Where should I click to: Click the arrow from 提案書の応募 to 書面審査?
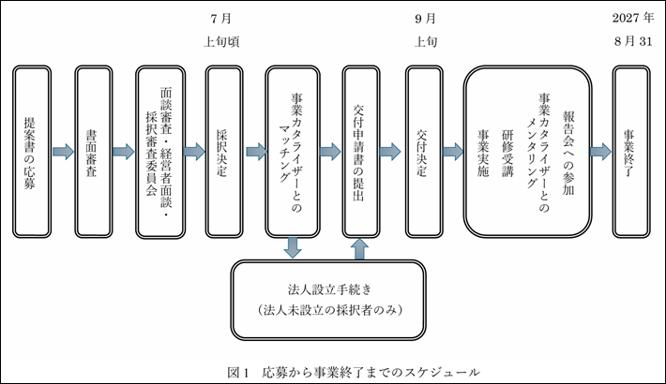click(x=63, y=150)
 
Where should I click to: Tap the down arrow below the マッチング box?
click(x=293, y=247)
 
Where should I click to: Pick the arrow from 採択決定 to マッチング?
click(x=255, y=150)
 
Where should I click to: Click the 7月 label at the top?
click(x=221, y=18)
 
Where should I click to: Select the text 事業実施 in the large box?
click(x=484, y=150)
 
